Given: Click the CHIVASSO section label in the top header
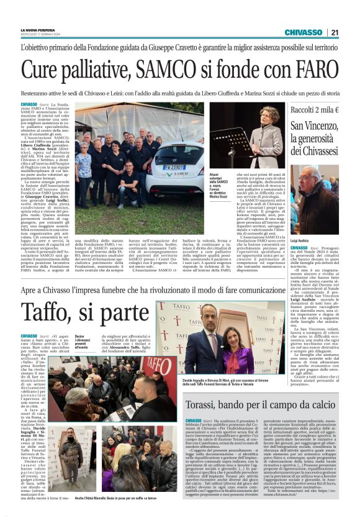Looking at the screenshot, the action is coord(302,32).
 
